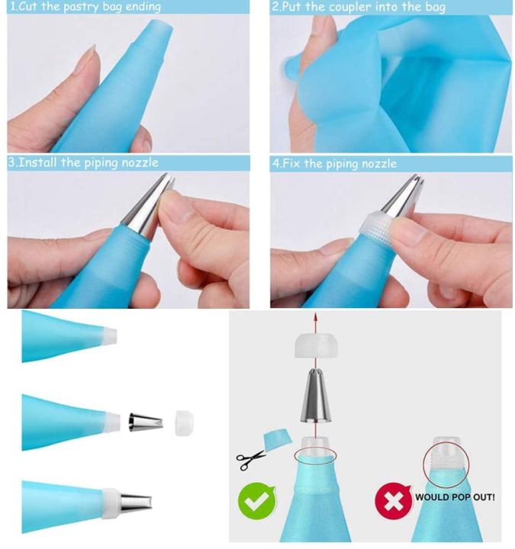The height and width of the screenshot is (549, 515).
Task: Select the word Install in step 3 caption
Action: [46, 162]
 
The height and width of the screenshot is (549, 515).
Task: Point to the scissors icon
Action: [249, 458]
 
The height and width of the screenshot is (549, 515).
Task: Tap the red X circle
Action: [392, 501]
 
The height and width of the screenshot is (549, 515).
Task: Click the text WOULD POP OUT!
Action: [455, 497]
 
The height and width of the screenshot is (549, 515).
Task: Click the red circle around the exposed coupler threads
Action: [446, 460]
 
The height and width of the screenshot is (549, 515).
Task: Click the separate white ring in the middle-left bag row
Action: [183, 421]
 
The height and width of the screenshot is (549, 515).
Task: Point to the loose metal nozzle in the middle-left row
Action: [143, 421]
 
